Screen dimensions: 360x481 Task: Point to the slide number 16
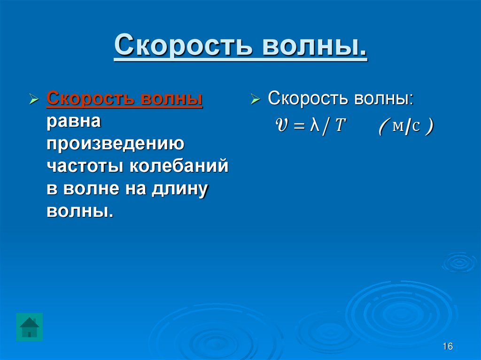click(447, 346)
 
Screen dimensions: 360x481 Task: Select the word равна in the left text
click(73, 122)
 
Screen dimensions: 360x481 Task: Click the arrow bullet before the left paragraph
click(34, 100)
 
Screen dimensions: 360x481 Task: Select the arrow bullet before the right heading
click(256, 100)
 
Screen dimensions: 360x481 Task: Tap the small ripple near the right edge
click(459, 262)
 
